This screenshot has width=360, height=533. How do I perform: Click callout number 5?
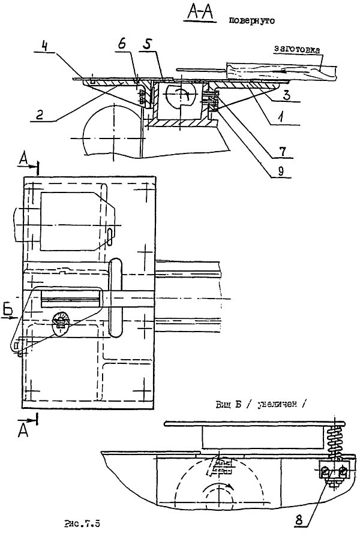point(149,46)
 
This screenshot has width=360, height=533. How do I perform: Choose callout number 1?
point(277,118)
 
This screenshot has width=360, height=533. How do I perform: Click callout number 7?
point(277,146)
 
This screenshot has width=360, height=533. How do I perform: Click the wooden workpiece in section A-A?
point(282,71)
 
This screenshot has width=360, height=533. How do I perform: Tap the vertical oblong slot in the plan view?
point(116,288)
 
